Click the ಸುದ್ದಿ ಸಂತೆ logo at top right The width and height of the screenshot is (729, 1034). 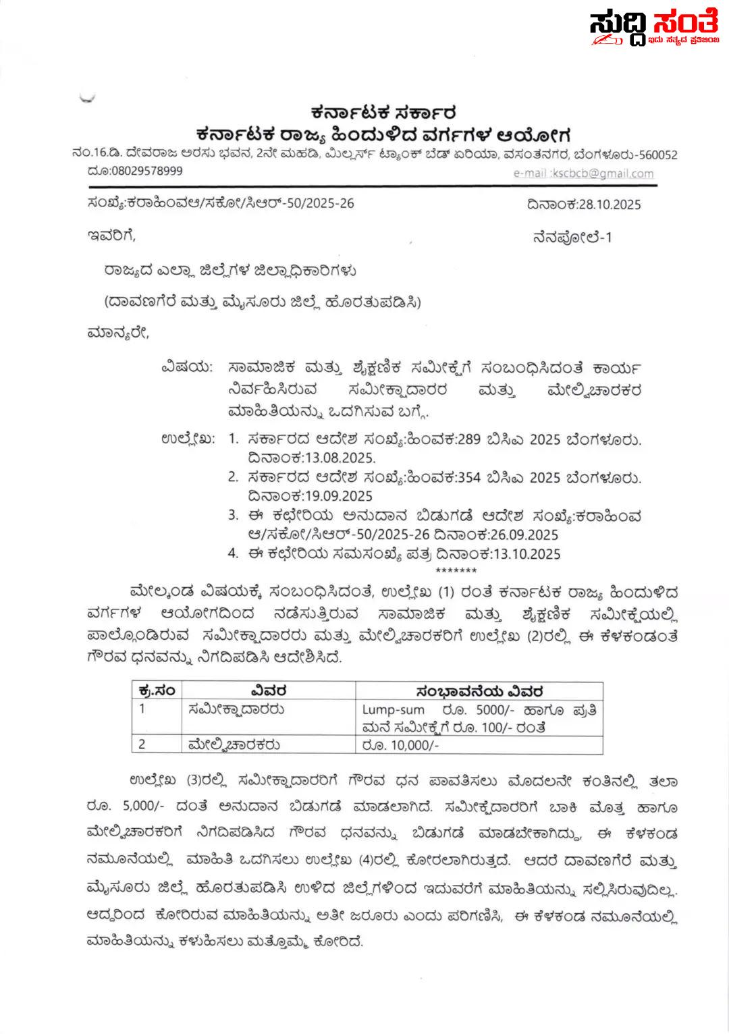653,28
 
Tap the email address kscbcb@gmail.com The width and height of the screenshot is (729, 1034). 603,173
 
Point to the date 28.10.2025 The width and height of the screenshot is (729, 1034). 610,205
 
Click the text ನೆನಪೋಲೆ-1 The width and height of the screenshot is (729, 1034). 572,238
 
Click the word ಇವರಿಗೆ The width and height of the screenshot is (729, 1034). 111,236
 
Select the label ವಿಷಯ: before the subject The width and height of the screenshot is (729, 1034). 186,369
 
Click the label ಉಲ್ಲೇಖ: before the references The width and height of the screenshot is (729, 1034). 188,439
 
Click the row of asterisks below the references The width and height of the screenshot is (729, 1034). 456,572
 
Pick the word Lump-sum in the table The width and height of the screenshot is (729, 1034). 394,710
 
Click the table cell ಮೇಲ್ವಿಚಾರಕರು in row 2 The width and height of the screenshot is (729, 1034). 234,745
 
